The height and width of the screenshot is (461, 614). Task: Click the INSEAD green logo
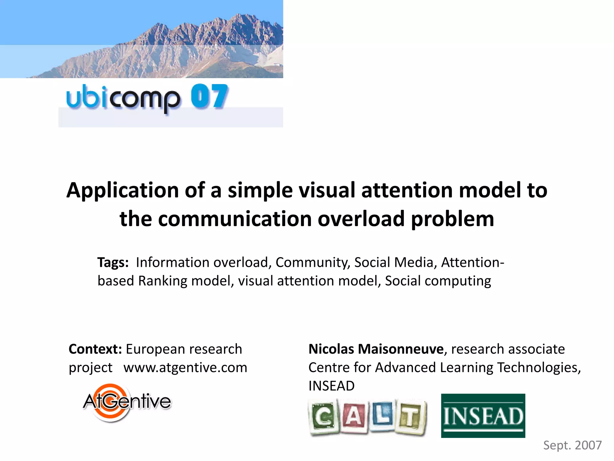483,416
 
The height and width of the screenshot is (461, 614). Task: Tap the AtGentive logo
127,402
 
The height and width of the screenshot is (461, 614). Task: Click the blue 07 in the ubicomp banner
209,96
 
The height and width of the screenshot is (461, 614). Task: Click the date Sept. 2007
572,445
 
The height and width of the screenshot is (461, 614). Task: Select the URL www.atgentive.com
185,367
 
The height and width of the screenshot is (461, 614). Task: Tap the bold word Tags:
113,262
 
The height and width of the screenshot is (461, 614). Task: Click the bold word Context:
95,349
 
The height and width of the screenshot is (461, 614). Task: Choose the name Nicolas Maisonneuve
376,349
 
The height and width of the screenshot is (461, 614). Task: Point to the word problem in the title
452,219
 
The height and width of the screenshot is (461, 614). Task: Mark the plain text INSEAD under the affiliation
331,386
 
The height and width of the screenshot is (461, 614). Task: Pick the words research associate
508,349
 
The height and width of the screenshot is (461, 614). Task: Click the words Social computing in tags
438,281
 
